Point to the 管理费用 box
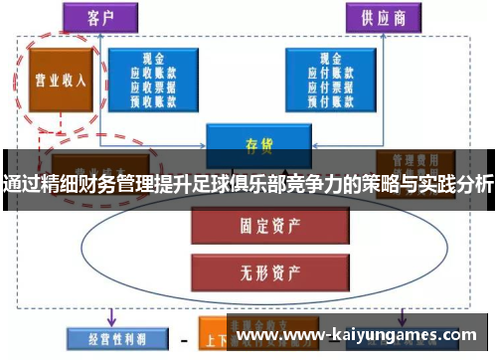pos(409,159)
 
